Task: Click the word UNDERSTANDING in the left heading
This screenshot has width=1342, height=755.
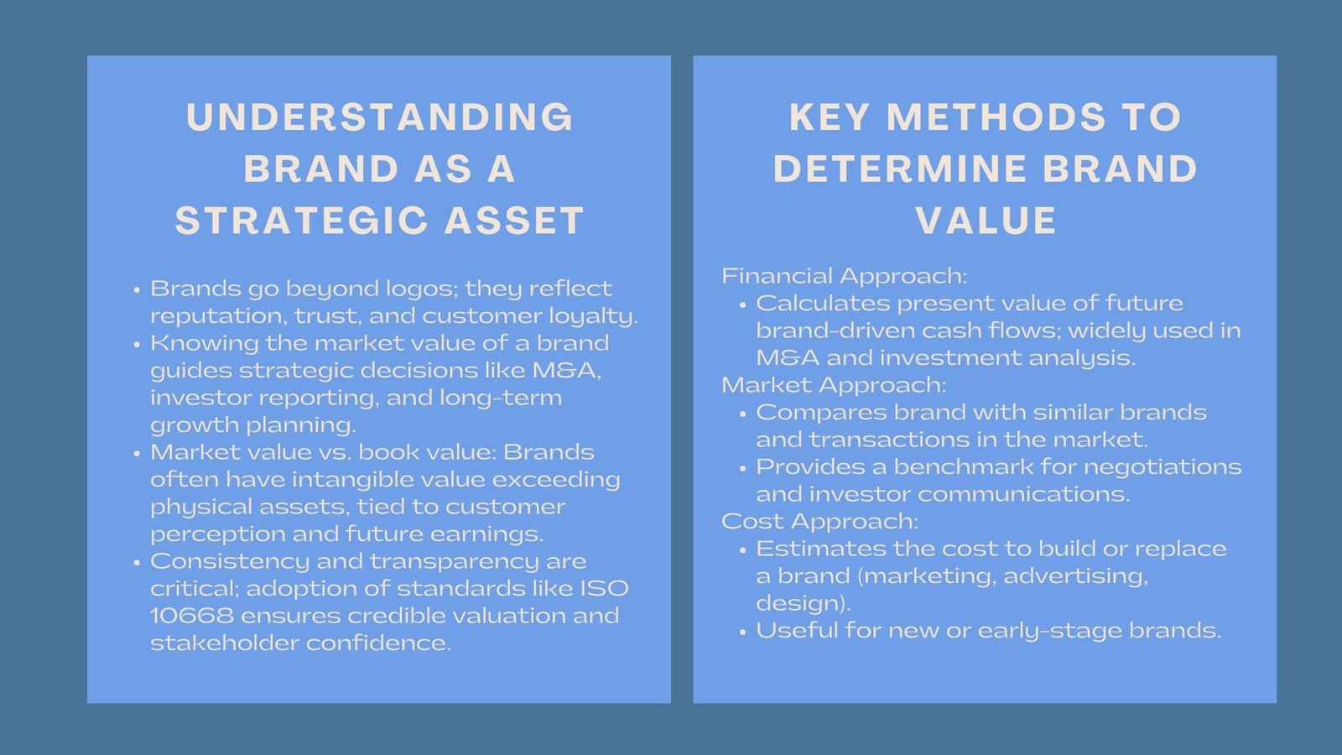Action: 380,117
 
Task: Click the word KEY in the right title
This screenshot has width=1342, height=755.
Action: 829,117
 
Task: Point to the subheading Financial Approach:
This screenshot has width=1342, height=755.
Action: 844,276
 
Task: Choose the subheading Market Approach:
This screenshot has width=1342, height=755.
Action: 833,385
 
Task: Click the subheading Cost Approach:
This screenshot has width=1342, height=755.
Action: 819,521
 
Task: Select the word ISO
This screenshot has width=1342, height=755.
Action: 604,589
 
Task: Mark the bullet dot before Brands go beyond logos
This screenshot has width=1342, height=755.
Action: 137,290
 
